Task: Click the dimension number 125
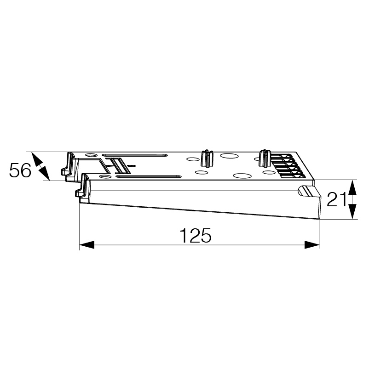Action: [x=196, y=235]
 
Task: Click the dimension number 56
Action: [x=20, y=170]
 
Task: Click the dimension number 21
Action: [x=337, y=199]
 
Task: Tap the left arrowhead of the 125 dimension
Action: [x=87, y=244]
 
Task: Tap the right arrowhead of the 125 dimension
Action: [x=312, y=244]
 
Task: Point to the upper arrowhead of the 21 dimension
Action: [x=352, y=187]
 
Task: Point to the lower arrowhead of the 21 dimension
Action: [x=352, y=211]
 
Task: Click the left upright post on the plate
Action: [x=207, y=158]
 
